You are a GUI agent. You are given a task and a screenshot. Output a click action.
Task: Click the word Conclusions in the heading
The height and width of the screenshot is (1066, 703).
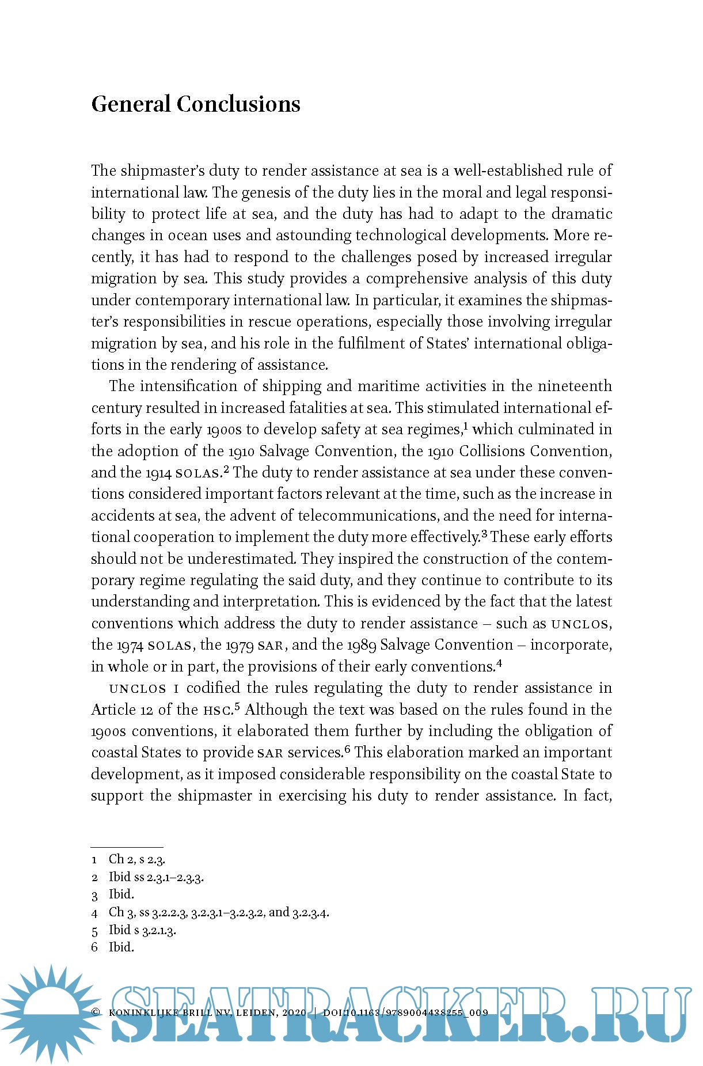point(238,104)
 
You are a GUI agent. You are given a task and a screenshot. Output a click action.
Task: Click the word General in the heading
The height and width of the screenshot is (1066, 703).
point(131,104)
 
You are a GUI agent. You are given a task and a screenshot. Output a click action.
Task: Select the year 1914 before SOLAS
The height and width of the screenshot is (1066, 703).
point(159,473)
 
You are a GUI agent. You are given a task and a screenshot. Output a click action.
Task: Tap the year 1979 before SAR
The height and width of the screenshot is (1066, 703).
point(239,645)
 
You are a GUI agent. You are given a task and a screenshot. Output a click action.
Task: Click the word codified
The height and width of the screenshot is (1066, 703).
point(213,688)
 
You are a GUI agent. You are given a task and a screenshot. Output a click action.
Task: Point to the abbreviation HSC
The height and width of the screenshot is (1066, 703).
point(216,710)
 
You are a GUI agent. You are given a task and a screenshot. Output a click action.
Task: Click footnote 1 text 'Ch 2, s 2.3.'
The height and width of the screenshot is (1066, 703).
point(137,859)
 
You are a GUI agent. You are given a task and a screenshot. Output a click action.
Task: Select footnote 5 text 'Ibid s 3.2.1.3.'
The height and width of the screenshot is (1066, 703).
point(142,930)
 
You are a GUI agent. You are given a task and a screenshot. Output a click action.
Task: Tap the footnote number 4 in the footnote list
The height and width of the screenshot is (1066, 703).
point(94,913)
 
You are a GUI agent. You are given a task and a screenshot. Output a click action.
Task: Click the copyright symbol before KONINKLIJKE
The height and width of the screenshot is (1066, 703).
point(96,1012)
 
